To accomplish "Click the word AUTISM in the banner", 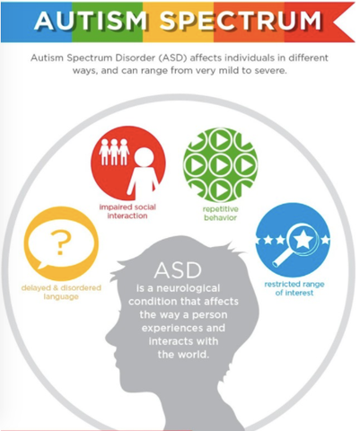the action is point(91,21).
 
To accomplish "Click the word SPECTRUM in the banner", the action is point(241,21).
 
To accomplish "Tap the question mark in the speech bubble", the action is point(61,242).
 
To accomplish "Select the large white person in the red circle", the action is point(143,172).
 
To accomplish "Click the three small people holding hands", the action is point(114,152).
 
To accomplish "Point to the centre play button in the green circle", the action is point(221,165).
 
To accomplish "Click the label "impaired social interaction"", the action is point(127,211).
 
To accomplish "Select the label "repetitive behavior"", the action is point(221,214).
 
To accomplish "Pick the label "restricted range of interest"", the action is point(294,288).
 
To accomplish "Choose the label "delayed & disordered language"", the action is point(61,292).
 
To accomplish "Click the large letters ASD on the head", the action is point(178,270).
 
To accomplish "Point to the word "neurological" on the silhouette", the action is point(189,288).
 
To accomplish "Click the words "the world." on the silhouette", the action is point(183,355).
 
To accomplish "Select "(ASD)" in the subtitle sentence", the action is point(172,57).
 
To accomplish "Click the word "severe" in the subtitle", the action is point(271,71).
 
